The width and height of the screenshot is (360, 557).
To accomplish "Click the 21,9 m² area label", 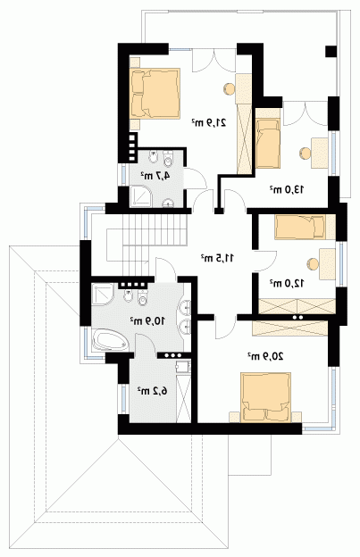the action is click(209, 123).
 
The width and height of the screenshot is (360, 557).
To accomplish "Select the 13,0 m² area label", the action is click(287, 189).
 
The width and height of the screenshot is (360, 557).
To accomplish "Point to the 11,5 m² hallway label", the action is click(217, 257).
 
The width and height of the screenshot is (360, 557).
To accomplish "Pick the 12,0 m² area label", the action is click(287, 283).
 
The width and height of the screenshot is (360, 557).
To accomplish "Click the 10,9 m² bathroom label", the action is click(147, 320).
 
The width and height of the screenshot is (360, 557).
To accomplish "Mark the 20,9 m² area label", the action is click(265, 356).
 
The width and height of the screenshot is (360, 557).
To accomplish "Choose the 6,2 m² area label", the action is click(153, 391).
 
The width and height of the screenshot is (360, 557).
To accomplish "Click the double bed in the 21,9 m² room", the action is click(155, 93).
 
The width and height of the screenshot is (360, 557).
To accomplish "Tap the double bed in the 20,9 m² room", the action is click(266, 397).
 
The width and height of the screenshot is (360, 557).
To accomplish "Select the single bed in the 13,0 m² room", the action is click(268, 144).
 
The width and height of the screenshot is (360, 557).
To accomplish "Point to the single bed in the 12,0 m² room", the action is click(300, 227).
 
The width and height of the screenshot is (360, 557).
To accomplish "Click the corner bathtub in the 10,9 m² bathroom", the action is click(110, 340).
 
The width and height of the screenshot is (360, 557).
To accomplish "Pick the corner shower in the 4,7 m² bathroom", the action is click(141, 196).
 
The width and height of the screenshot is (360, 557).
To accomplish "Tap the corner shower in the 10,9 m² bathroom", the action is click(103, 294).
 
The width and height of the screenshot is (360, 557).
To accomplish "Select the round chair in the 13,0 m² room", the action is click(305, 153).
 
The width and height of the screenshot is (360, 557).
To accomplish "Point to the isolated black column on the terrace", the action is click(331, 52).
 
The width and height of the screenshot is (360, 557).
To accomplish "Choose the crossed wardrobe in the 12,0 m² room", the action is click(297, 306).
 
